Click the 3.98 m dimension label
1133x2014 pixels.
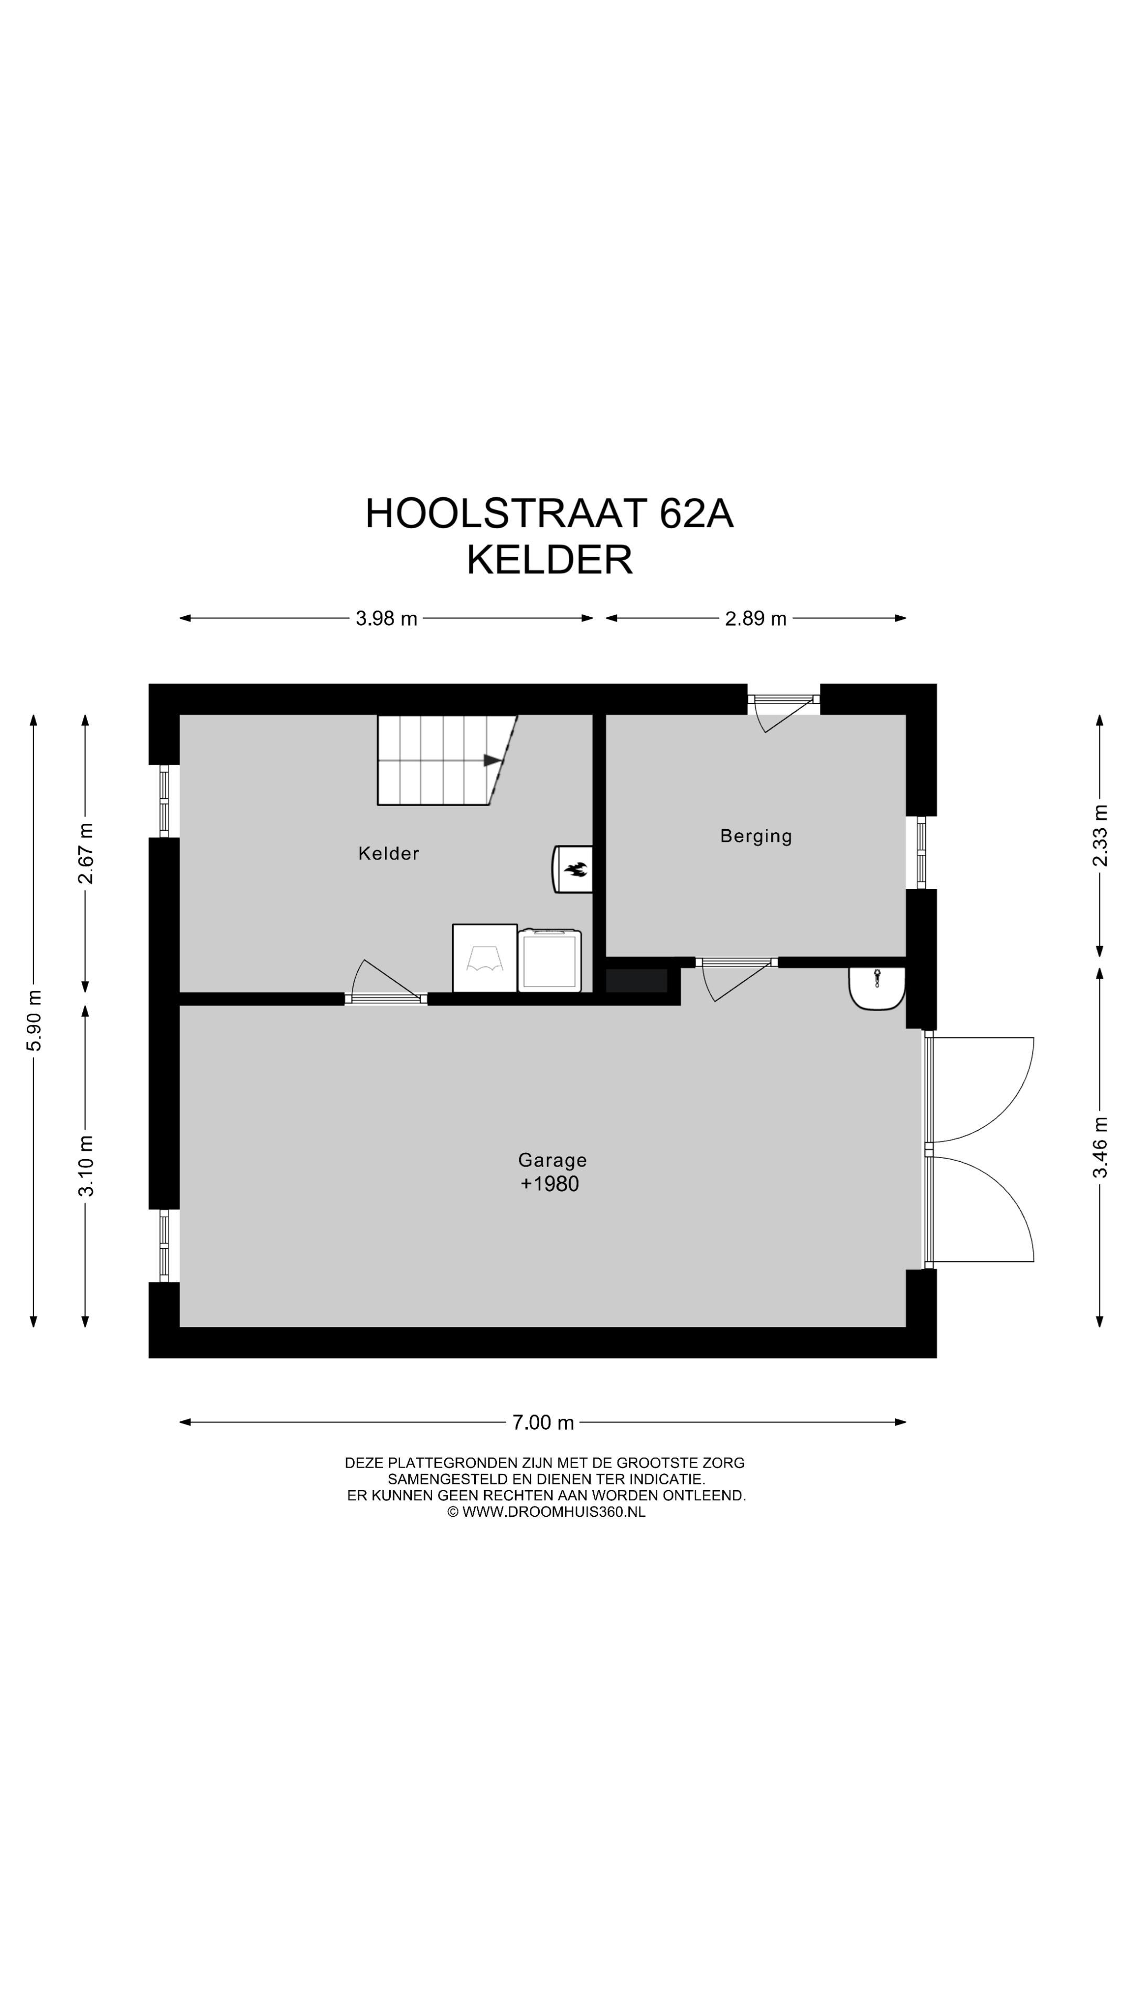coord(386,618)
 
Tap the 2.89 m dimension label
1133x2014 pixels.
coord(755,618)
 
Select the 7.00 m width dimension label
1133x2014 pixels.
coord(543,1422)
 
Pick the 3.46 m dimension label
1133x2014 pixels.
coord(1100,1147)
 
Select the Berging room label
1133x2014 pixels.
coord(756,837)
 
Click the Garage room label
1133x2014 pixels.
coord(552,1160)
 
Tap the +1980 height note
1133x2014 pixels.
coord(550,1184)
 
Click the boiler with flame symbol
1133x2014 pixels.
coord(573,869)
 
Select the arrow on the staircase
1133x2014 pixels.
coord(491,760)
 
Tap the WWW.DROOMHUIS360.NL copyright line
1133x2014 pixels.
coord(546,1511)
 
